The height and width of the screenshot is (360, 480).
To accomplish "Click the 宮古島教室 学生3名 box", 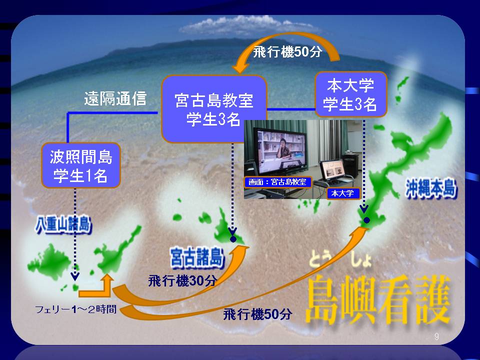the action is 213,109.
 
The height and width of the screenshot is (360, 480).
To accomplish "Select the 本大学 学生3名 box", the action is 351,94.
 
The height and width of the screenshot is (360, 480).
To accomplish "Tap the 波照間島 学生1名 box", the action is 81,165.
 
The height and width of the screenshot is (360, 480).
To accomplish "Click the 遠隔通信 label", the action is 115,98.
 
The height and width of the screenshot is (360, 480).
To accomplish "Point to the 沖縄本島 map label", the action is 431,187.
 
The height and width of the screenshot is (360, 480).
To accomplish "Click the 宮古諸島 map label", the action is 197,257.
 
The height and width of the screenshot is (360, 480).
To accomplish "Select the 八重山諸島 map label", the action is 63,224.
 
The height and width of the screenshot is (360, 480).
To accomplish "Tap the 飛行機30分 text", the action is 183,280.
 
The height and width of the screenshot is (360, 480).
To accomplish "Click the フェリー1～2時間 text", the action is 76,309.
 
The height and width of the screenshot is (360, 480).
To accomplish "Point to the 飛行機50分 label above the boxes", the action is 287,51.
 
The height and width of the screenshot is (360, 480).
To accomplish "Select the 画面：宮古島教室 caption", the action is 277,182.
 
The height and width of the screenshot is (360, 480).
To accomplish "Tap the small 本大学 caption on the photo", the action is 343,193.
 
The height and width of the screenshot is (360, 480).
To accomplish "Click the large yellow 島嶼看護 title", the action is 378,299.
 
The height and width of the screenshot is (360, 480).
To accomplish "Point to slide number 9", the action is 436,336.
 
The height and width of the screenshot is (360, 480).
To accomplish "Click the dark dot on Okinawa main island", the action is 366,220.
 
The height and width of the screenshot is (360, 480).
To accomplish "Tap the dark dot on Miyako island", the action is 233,239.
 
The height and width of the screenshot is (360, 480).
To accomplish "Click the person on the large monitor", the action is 283,150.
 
